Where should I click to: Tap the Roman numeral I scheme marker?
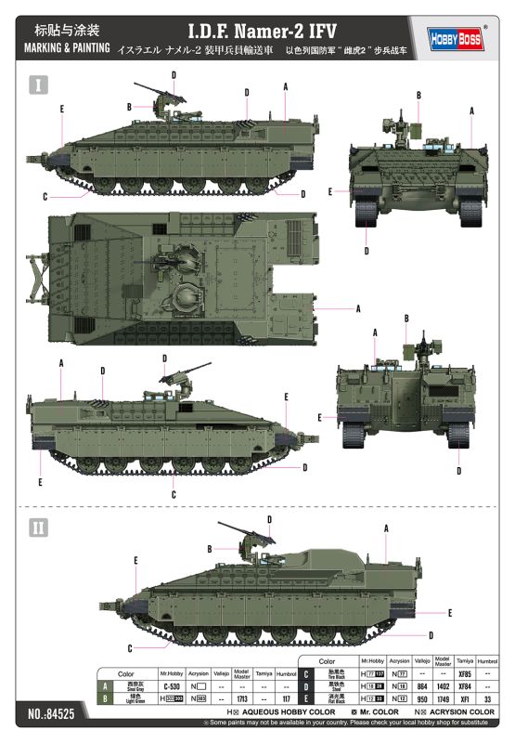pyautogui.click(x=38, y=85)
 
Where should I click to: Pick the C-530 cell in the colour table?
pyautogui.click(x=170, y=685)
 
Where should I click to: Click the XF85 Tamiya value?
pyautogui.click(x=466, y=672)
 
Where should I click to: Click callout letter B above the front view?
pyautogui.click(x=418, y=95)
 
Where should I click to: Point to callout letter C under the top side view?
pyautogui.click(x=45, y=196)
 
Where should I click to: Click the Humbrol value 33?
pyautogui.click(x=487, y=697)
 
